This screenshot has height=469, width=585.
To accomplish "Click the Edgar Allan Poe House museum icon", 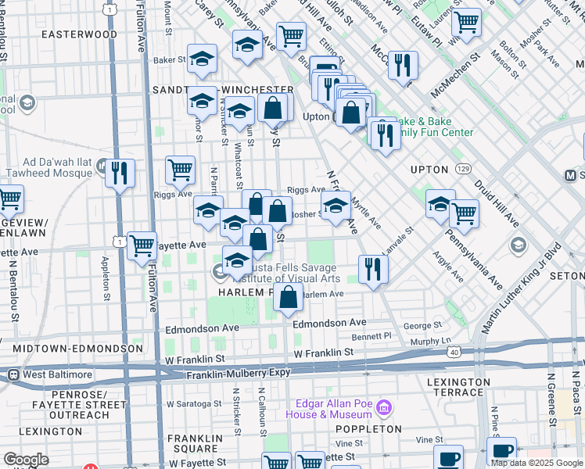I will pyautogui.click(x=383, y=408).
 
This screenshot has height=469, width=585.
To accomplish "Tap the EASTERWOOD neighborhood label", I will pyautogui.click(x=79, y=34).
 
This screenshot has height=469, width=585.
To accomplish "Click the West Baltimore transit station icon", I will pyautogui.click(x=13, y=374).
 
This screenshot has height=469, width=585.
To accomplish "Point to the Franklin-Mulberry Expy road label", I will pyautogui.click(x=238, y=376).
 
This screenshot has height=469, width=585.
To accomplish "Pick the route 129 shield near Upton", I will pyautogui.click(x=463, y=168).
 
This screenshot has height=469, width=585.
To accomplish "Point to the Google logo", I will pyautogui.click(x=26, y=460).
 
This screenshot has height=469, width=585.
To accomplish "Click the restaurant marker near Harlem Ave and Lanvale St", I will pyautogui.click(x=373, y=270).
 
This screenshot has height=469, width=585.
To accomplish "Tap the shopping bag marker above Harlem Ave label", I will pyautogui.click(x=289, y=296).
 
